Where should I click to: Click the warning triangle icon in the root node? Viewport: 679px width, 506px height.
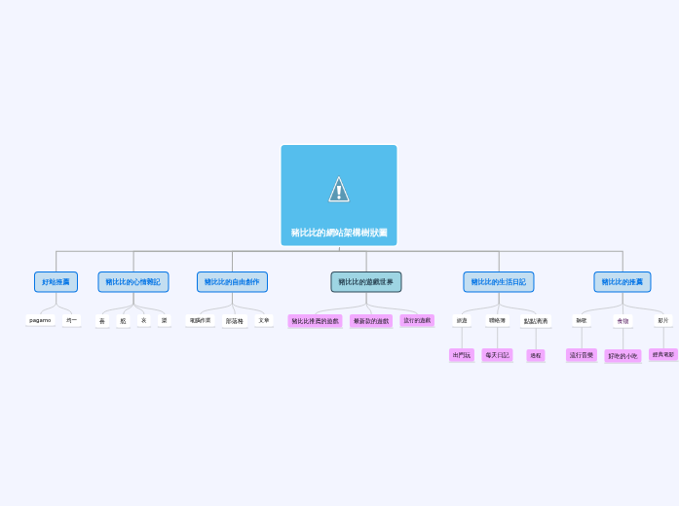[x=339, y=189]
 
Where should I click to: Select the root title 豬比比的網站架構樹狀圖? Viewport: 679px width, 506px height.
[x=339, y=233]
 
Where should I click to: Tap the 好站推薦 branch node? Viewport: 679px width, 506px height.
[x=56, y=282]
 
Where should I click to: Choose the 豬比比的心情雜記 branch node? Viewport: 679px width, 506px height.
[x=133, y=282]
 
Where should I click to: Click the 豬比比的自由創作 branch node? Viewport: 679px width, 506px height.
[x=232, y=282]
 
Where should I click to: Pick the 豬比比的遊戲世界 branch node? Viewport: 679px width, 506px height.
[x=366, y=282]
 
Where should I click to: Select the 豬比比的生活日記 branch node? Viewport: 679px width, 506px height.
[x=498, y=282]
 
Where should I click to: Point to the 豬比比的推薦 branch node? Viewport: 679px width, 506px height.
[x=622, y=282]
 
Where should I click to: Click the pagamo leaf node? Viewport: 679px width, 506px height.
[x=40, y=320]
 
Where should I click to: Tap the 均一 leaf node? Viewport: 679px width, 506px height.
[x=72, y=320]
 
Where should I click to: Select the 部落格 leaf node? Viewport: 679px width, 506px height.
[x=234, y=321]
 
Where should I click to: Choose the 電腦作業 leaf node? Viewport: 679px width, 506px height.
[x=200, y=320]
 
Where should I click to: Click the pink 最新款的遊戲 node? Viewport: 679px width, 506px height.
[x=371, y=321]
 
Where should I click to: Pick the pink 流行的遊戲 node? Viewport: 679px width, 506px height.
[x=417, y=320]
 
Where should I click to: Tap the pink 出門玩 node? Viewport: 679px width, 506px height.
[x=462, y=355]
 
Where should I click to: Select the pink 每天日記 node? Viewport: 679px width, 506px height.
[x=497, y=355]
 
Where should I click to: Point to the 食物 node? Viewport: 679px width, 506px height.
[x=622, y=321]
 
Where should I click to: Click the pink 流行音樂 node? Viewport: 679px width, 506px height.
[x=582, y=355]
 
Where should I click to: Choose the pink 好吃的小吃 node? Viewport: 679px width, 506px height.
[x=622, y=356]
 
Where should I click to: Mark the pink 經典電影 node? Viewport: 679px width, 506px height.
[x=662, y=355]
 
